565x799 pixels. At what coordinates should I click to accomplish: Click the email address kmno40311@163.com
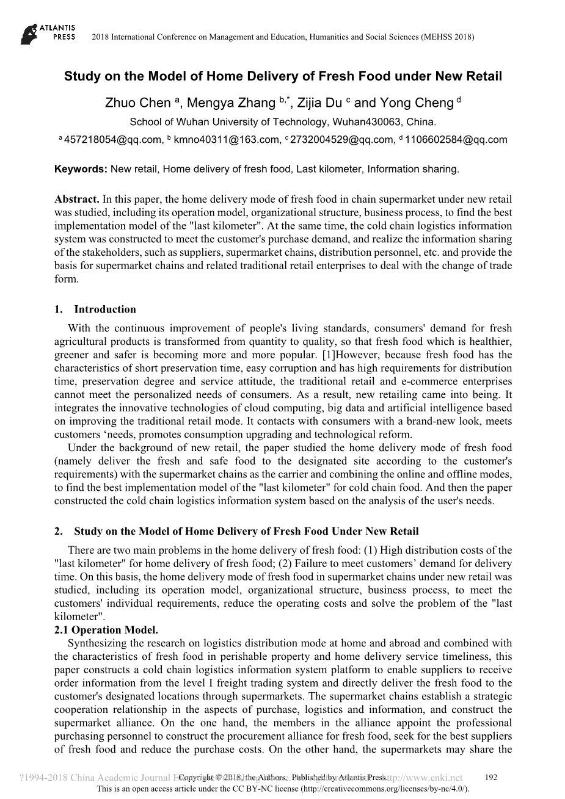click(226, 140)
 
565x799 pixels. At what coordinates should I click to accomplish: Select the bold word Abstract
click(77, 199)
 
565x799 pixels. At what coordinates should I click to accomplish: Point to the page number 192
click(490, 778)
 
